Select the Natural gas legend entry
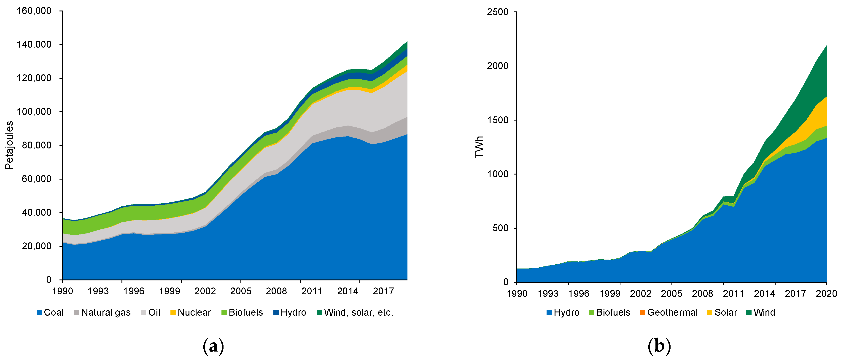(102, 312)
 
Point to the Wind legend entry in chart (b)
(761, 312)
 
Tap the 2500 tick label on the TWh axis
(498, 12)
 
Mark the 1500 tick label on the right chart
(498, 120)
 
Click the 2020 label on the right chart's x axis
(826, 294)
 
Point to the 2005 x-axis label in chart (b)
(671, 294)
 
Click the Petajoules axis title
(9, 145)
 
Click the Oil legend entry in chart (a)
(151, 312)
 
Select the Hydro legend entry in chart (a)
(290, 312)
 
